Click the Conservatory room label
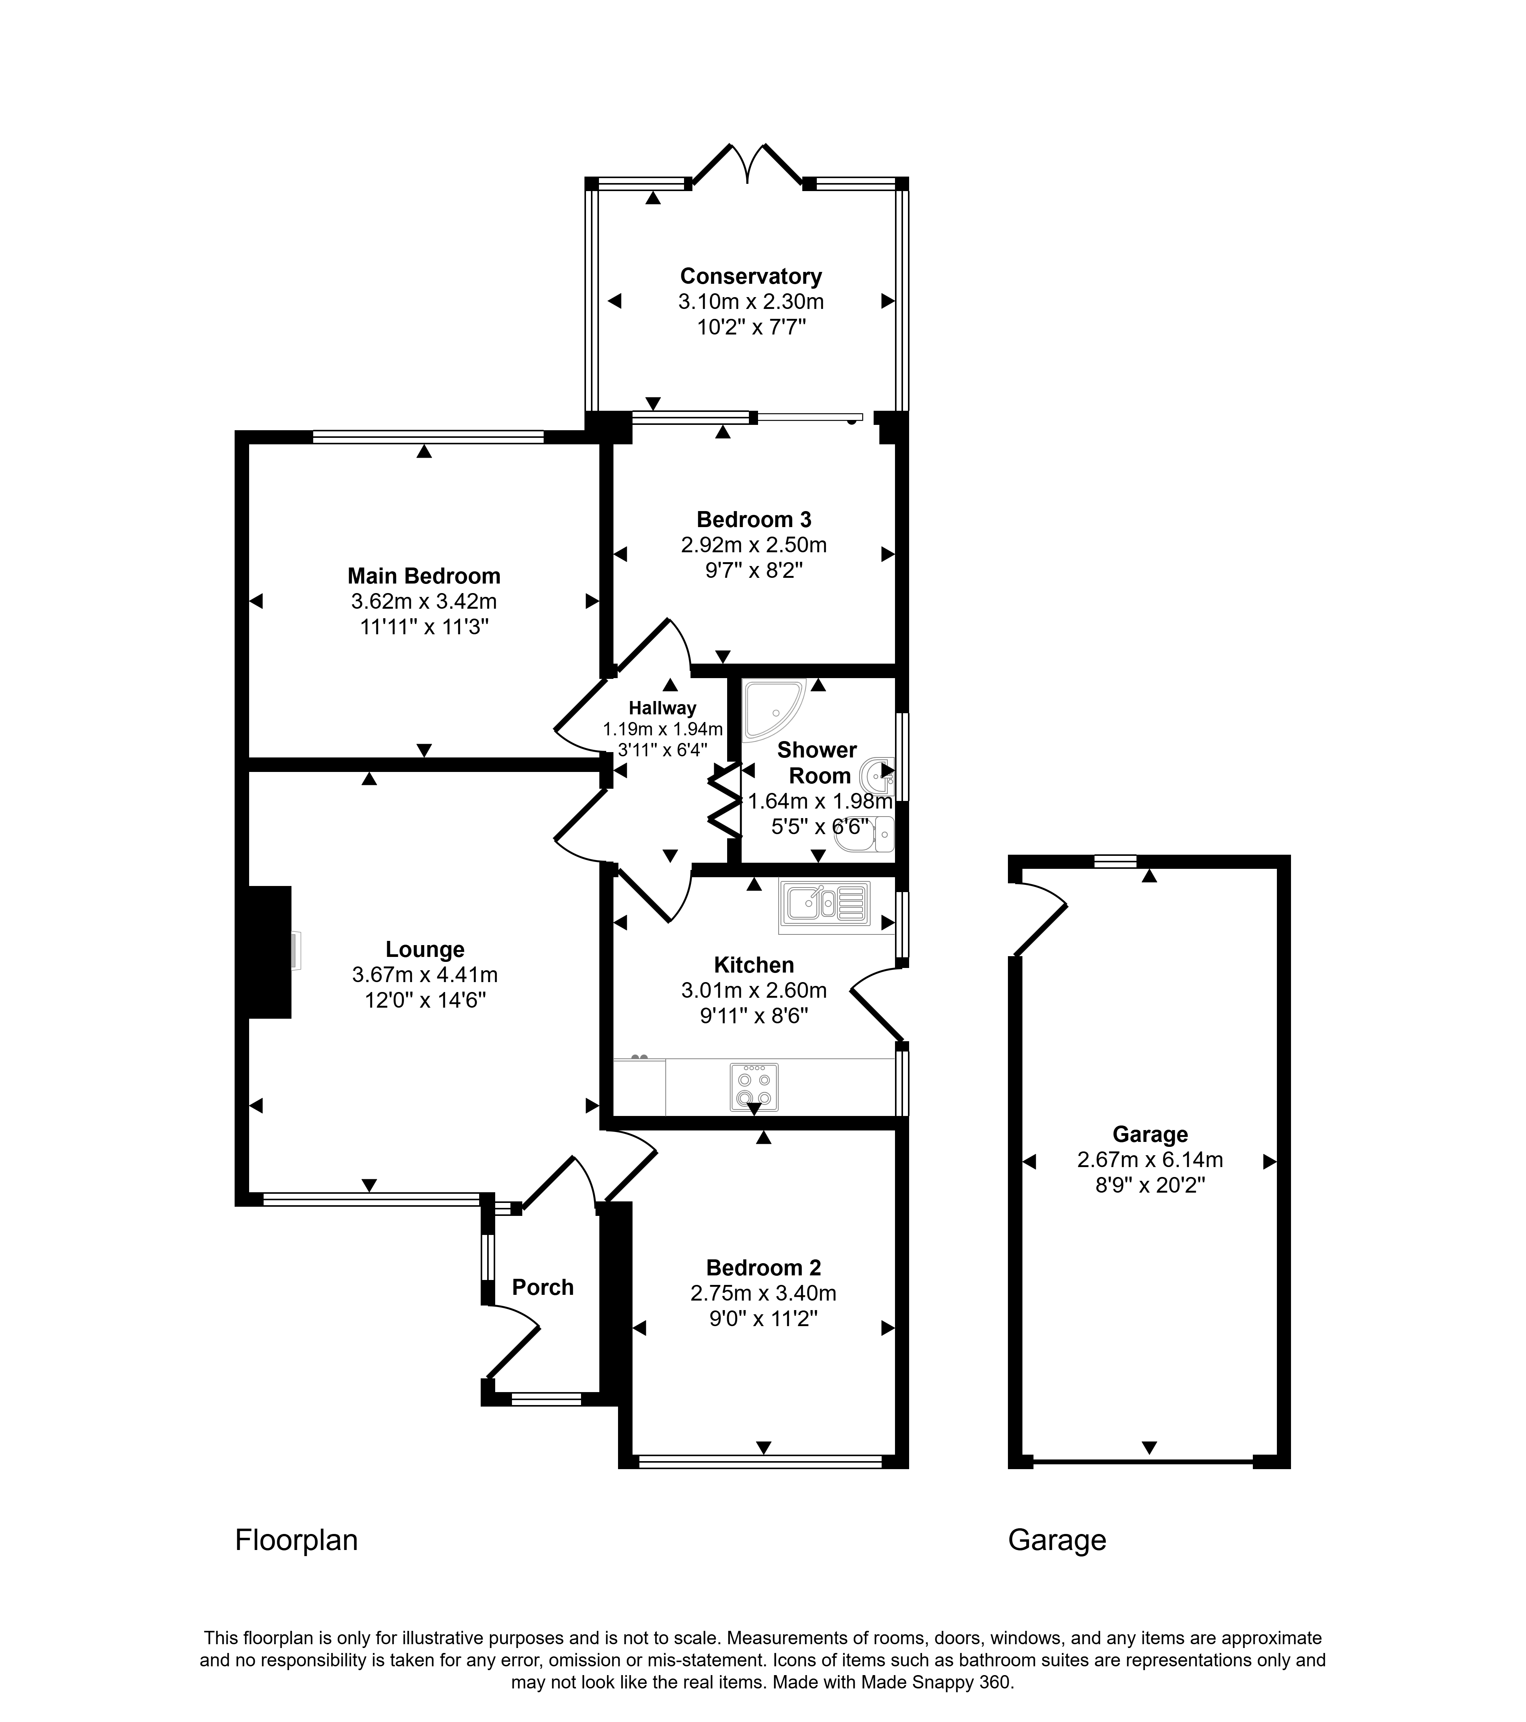[x=751, y=277]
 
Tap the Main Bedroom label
[x=424, y=576]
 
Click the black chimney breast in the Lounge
[x=270, y=952]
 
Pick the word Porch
[x=542, y=1287]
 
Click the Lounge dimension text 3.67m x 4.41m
[x=425, y=975]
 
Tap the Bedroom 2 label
[x=763, y=1268]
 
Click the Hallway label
[x=662, y=709]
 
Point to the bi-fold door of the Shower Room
[x=725, y=800]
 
